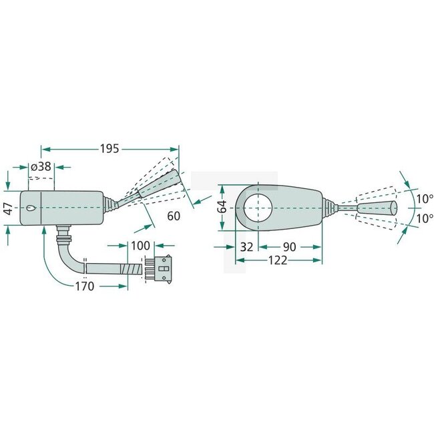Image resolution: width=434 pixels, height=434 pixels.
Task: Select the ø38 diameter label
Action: coord(42,167)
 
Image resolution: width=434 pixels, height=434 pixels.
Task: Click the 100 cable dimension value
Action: coord(140,246)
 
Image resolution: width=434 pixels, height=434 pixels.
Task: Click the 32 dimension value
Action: coord(246,246)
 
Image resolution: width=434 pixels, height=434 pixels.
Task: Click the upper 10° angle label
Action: coord(423,198)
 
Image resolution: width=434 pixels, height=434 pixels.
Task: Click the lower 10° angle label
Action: coord(423,218)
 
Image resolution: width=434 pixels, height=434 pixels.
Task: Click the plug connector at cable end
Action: coord(162,269)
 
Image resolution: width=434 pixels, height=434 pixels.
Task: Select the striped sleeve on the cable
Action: coord(132,269)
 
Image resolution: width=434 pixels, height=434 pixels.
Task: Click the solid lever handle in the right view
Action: coord(376,208)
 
